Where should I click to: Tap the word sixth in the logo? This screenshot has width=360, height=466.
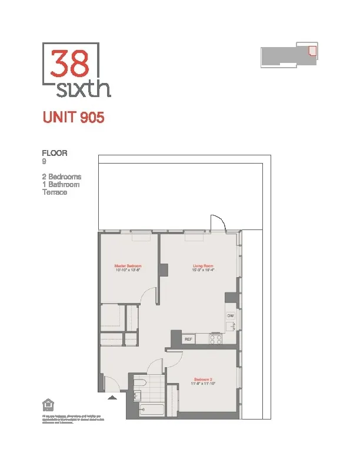[84, 89]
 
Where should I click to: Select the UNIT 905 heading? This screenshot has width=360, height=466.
[74, 118]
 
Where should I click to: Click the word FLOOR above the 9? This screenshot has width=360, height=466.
[55, 153]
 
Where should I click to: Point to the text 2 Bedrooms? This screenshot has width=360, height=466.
[62, 177]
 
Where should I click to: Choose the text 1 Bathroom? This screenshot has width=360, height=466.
[61, 184]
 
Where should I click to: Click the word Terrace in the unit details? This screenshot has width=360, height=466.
[55, 192]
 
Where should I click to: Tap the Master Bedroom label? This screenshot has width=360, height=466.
[128, 266]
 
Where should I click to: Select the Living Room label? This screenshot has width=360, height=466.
[203, 266]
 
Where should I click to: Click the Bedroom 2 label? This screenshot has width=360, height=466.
[204, 379]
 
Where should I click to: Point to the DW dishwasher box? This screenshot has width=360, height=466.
[230, 316]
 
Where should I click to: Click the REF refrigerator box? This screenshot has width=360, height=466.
[188, 339]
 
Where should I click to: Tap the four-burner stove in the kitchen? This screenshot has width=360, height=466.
[216, 339]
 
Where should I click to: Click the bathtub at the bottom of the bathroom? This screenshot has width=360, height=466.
[151, 410]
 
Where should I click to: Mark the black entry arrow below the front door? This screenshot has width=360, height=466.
[112, 397]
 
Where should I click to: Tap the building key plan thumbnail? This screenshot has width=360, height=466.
[289, 55]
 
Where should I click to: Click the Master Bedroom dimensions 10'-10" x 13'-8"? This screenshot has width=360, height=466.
[128, 271]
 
